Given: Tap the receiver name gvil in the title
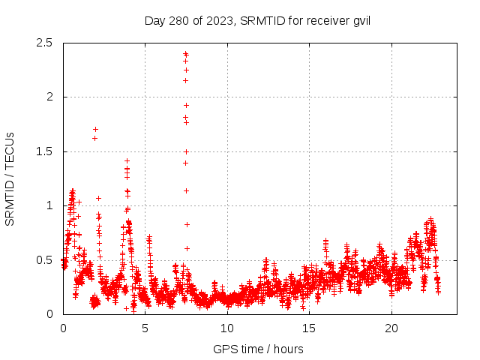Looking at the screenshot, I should [359, 20].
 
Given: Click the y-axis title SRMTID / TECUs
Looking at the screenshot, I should [10, 178].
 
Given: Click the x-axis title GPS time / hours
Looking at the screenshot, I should [258, 349].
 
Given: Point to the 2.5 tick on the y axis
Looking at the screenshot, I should [46, 43].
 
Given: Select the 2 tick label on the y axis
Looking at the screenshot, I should [49, 97].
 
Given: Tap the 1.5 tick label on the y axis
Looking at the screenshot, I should [46, 151].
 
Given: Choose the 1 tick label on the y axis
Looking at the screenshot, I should [49, 205].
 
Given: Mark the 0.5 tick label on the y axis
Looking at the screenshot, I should [46, 260].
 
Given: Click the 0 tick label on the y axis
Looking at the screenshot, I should [49, 314].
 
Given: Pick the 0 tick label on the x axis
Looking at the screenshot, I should [63, 328].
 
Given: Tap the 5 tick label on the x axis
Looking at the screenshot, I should [145, 328].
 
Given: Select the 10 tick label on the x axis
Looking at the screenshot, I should [227, 328].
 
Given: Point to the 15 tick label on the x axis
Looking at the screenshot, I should [309, 328].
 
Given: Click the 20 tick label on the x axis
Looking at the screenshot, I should [391, 328].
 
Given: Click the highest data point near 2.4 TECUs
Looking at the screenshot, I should [186, 54].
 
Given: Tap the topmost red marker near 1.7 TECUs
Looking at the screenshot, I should [95, 129].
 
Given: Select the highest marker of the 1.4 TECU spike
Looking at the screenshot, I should [127, 160].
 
